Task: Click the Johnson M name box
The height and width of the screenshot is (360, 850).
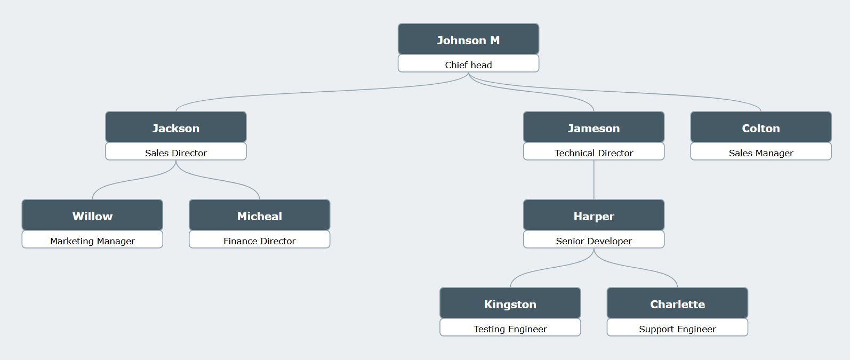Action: point(468,39)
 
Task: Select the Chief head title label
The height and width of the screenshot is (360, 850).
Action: point(468,65)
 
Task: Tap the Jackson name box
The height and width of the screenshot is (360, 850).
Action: point(176,127)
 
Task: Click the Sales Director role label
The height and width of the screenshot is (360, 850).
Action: point(176,153)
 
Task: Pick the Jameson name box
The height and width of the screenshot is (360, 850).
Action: point(594,127)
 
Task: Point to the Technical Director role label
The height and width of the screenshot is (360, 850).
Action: point(594,153)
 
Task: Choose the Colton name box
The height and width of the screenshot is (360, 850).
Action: point(760,127)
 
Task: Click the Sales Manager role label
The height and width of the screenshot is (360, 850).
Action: point(760,153)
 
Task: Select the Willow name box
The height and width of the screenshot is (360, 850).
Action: point(92,215)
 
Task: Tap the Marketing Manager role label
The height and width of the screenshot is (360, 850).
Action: point(92,241)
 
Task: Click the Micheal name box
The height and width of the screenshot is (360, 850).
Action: point(260,215)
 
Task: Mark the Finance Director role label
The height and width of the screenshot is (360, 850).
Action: point(260,241)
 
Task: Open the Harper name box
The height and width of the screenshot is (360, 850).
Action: point(594,215)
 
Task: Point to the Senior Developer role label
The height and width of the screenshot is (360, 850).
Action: point(594,241)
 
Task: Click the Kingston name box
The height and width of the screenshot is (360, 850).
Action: point(510,303)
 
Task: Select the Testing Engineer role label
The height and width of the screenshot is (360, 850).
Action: point(510,329)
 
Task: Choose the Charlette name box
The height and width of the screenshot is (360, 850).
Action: point(677,303)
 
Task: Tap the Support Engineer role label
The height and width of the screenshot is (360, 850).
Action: point(677,329)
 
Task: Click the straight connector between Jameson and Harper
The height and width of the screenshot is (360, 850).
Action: point(594,180)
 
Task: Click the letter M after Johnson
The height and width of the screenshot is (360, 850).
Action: point(495,41)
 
